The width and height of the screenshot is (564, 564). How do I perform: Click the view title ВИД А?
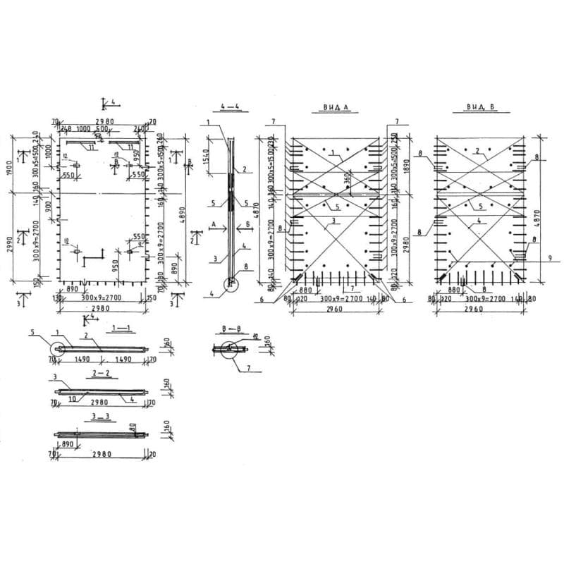pyautogui.click(x=336, y=108)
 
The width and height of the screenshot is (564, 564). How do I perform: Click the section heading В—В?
pyautogui.click(x=229, y=329)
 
